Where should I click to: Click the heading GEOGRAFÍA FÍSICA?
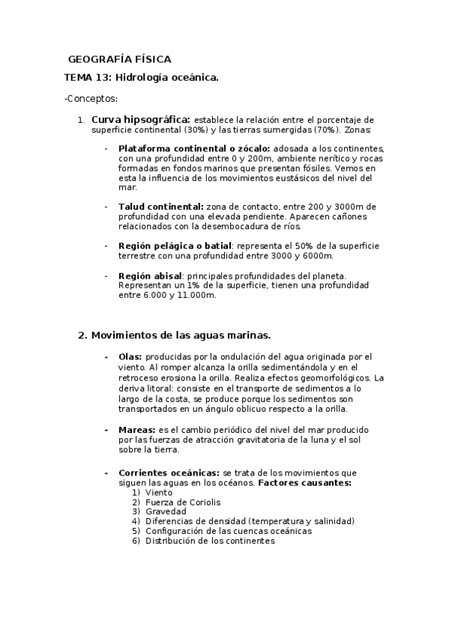point(119,58)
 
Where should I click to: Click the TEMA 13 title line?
point(141,77)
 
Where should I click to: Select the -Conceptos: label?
point(91,98)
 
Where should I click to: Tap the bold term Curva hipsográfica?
point(141,119)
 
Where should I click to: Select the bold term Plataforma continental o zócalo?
point(194,148)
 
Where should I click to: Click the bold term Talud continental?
point(161,206)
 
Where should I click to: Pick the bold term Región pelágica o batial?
point(174,245)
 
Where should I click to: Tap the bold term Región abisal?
point(150,276)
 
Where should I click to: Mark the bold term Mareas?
point(136,430)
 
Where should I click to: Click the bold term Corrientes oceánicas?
point(169,473)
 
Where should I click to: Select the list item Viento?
point(159,493)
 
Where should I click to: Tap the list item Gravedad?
point(166,511)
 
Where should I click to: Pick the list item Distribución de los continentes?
point(211,541)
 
